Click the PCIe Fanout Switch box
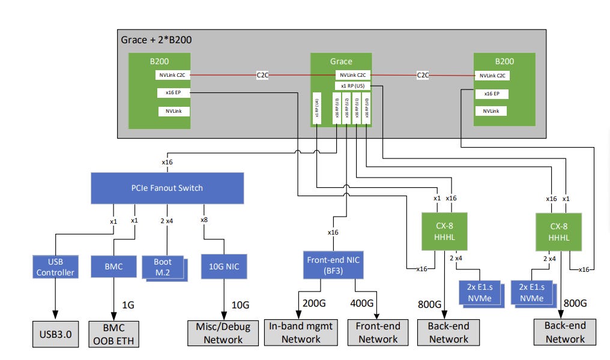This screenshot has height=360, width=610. (x=168, y=188)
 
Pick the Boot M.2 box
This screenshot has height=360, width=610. (x=162, y=266)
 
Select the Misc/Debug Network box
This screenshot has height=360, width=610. (x=223, y=334)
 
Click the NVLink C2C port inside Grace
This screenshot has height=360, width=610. (x=352, y=75)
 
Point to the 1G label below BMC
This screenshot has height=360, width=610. (x=128, y=305)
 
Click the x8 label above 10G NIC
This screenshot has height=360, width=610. (x=204, y=220)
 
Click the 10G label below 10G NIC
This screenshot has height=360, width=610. (x=241, y=305)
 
